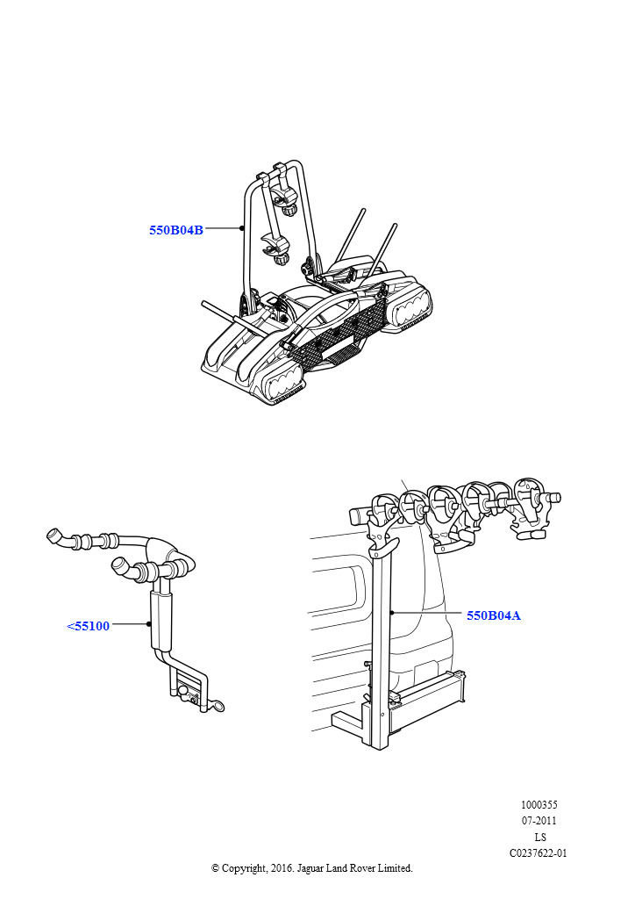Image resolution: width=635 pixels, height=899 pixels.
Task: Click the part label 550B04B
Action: (x=176, y=230)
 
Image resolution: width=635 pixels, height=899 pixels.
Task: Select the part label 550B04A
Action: (x=494, y=615)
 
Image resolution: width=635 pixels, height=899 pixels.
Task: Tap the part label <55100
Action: (x=89, y=625)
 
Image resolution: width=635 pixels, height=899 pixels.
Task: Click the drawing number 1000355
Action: (x=539, y=804)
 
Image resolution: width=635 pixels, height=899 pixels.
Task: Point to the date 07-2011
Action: (x=539, y=821)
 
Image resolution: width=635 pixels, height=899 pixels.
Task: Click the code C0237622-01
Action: (x=539, y=852)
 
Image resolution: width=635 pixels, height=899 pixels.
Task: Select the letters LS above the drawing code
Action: (x=539, y=837)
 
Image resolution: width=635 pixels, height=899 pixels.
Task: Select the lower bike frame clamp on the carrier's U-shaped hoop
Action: (x=275, y=247)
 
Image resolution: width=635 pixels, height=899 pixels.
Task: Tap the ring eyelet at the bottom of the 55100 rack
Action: (x=218, y=706)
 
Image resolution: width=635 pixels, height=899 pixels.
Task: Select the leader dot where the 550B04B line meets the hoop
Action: (x=242, y=228)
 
